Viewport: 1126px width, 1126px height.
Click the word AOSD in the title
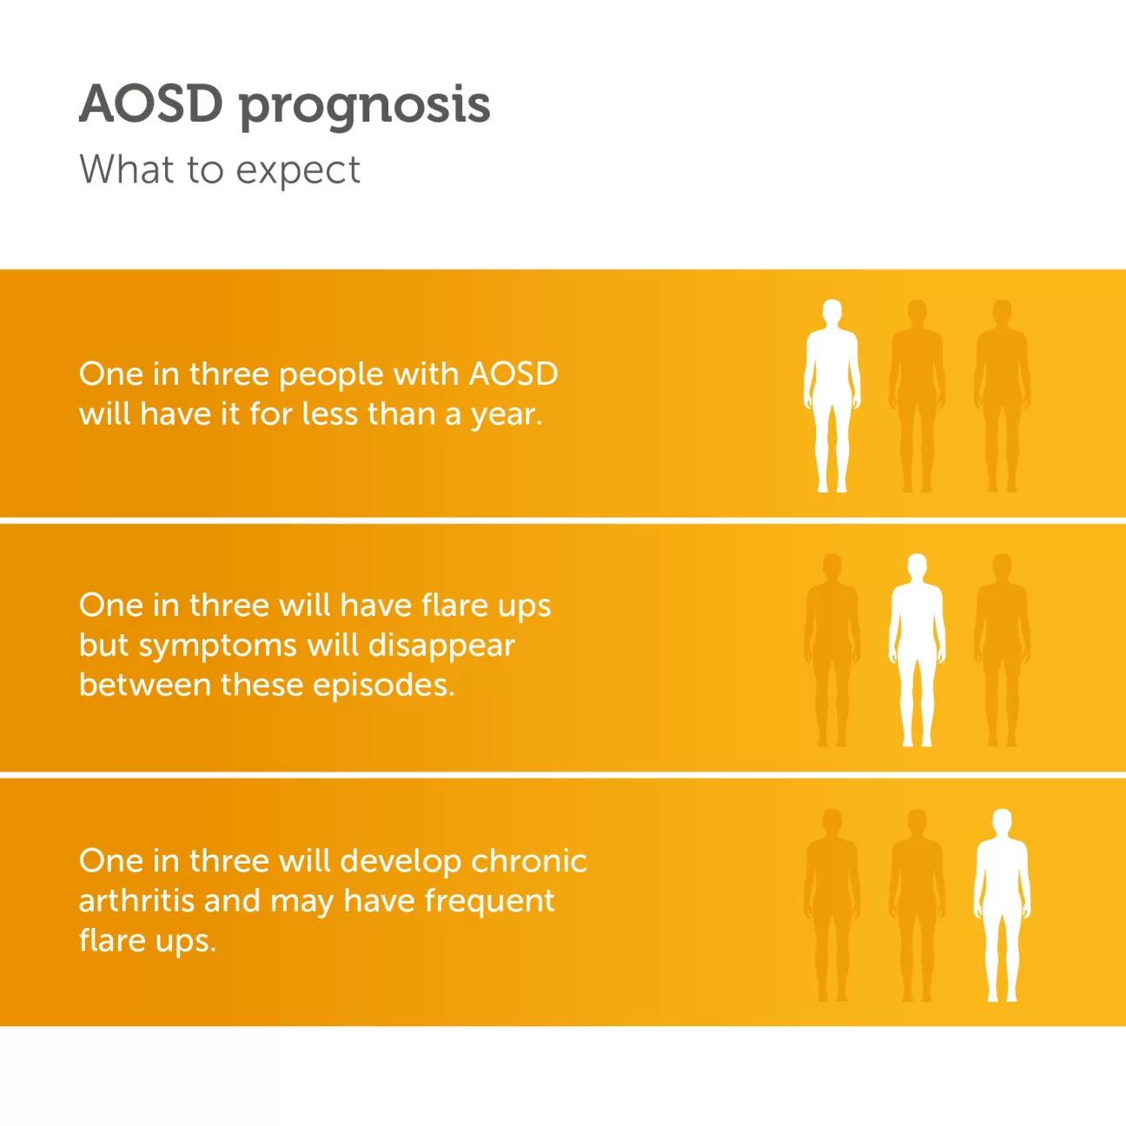point(151,104)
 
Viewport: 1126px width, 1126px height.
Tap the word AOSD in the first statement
point(513,374)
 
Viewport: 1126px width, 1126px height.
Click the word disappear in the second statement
point(441,646)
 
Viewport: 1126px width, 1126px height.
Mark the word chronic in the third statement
point(528,861)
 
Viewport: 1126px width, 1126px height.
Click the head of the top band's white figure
point(832,313)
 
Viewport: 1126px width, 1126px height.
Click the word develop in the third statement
point(401,862)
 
